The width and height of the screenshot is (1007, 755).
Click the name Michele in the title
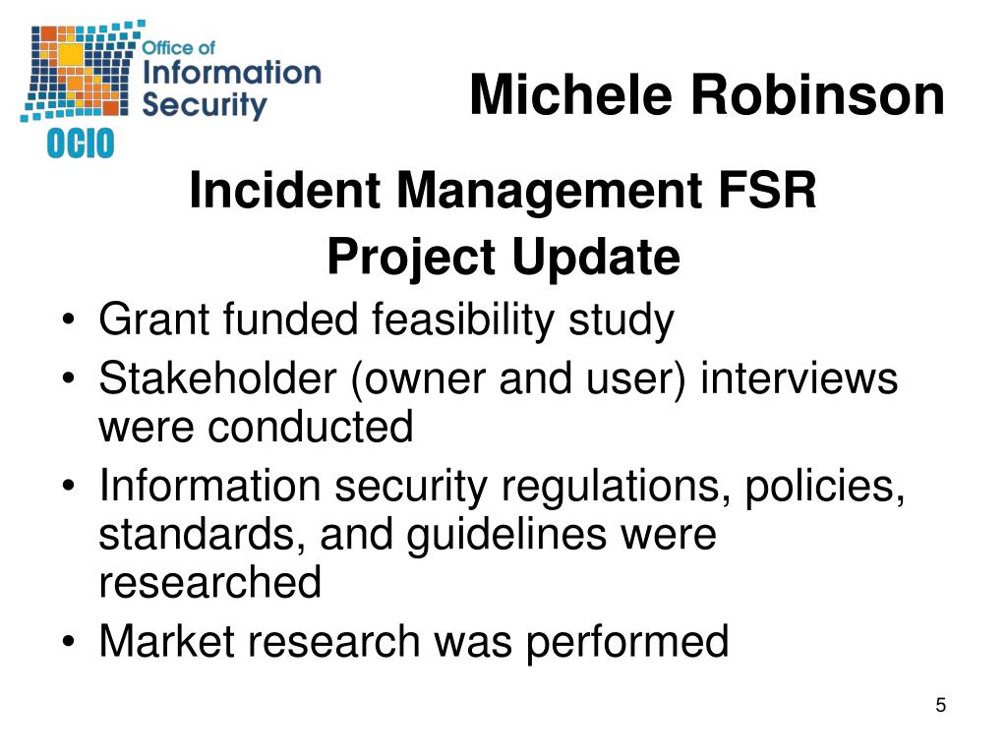(x=571, y=95)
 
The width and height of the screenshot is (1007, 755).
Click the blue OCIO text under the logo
(x=81, y=144)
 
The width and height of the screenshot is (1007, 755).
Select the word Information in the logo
(x=231, y=72)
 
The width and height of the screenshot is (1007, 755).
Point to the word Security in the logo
(x=205, y=104)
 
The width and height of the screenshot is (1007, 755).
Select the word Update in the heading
(x=596, y=258)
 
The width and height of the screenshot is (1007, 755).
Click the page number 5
(x=941, y=705)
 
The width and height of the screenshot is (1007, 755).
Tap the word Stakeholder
(x=217, y=377)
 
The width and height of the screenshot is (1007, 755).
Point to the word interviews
(x=799, y=377)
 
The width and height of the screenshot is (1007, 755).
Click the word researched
(x=210, y=582)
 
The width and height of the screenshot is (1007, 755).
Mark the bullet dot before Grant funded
(x=69, y=319)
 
